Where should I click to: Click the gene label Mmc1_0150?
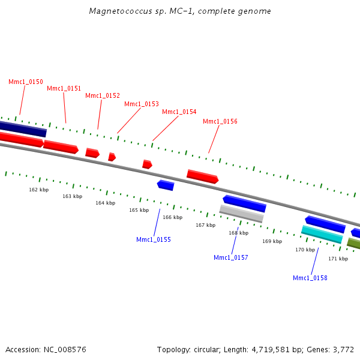point(26,82)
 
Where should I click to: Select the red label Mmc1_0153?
point(142,104)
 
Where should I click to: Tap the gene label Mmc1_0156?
point(220,121)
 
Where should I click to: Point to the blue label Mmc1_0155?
point(154,239)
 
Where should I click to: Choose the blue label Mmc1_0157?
point(231,257)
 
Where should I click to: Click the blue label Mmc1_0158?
point(310,278)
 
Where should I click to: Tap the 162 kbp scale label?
point(39,190)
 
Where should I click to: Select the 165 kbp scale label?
point(139,210)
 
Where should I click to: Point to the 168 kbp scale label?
point(238,233)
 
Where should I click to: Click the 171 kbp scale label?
point(338,259)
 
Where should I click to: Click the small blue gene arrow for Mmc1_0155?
point(166,185)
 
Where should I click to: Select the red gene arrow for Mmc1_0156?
point(203,176)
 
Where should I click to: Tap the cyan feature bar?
point(322,234)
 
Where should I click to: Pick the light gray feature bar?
point(241,213)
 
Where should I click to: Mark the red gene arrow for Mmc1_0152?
point(92,153)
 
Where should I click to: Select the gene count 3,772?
point(343,349)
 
